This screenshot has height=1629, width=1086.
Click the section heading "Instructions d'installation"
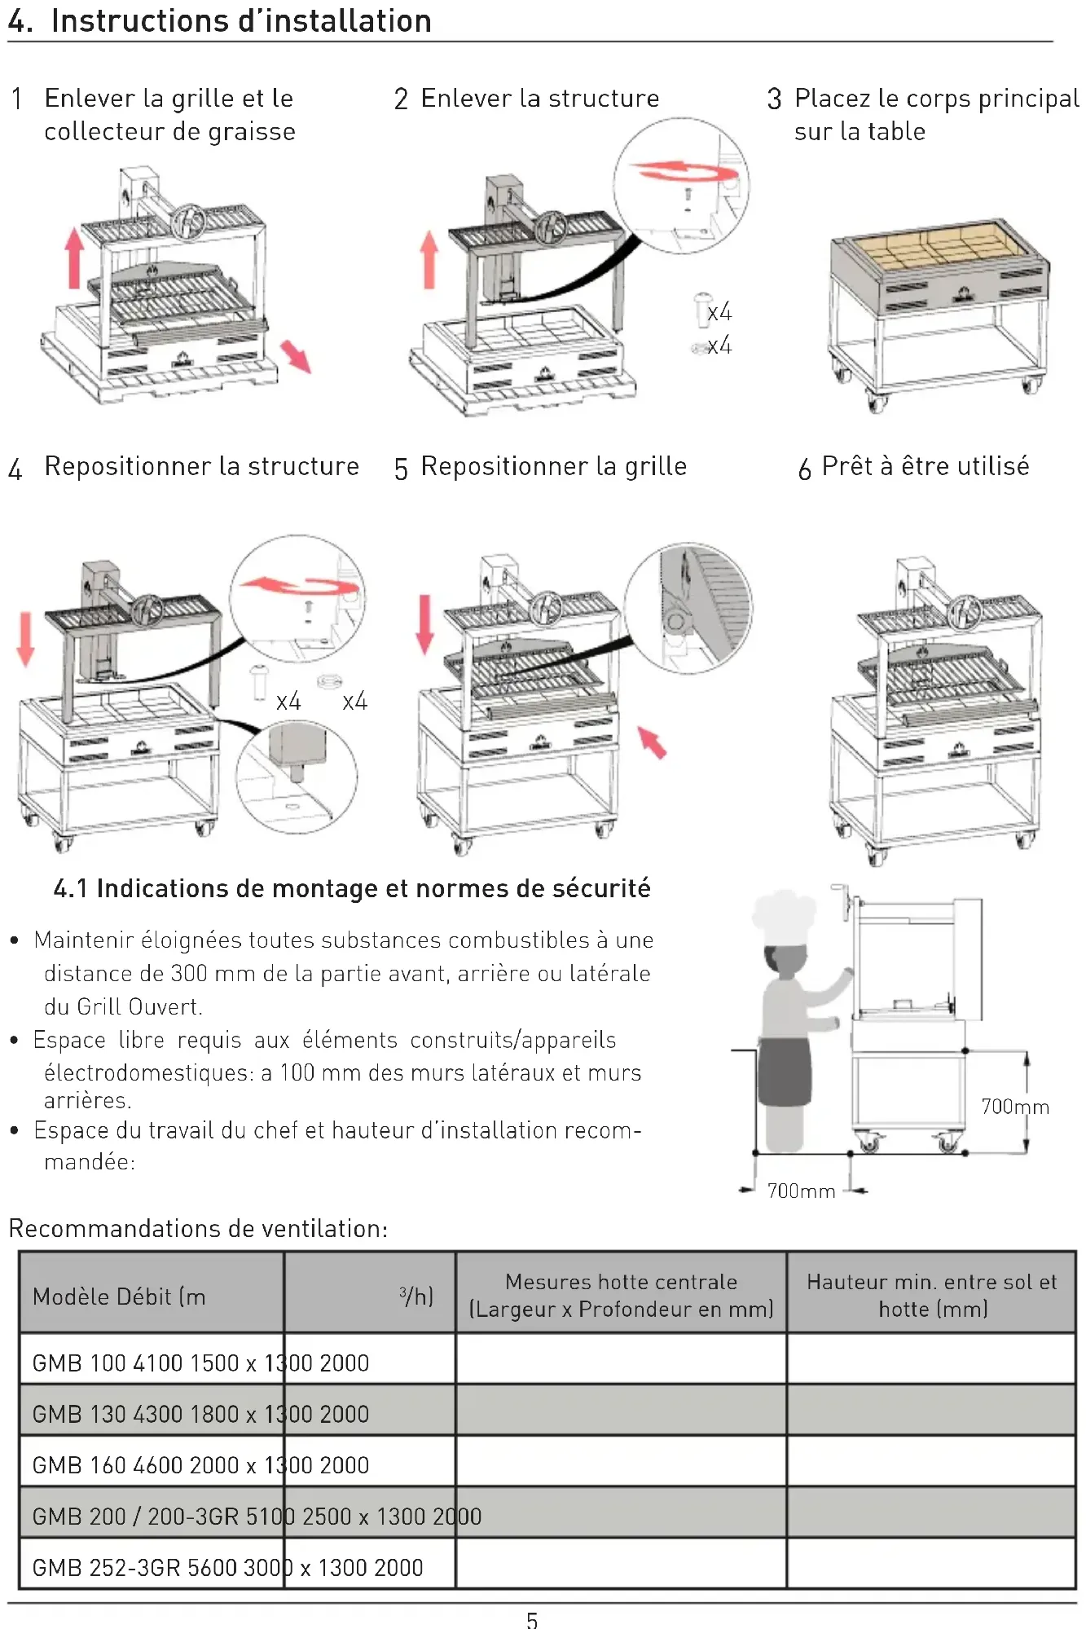point(240,21)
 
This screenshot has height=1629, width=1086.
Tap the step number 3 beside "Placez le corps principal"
point(774,99)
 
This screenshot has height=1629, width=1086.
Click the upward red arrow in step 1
point(74,257)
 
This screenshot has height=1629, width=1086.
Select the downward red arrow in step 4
point(26,639)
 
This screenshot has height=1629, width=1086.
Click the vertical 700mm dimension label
point(1014,1106)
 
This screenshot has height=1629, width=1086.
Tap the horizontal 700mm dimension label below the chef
point(801,1191)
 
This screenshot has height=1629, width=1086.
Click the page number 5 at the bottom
point(532,1620)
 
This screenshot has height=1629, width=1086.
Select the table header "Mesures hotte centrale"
point(621,1282)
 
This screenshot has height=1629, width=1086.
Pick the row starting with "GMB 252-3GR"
point(227,1567)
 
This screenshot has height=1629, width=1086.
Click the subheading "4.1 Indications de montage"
point(352,888)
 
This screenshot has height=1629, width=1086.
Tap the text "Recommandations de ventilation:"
point(198,1228)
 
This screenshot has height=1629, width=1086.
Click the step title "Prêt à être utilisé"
point(925,466)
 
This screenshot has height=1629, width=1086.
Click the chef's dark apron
point(785,1072)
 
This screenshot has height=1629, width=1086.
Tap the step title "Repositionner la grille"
point(553,466)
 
